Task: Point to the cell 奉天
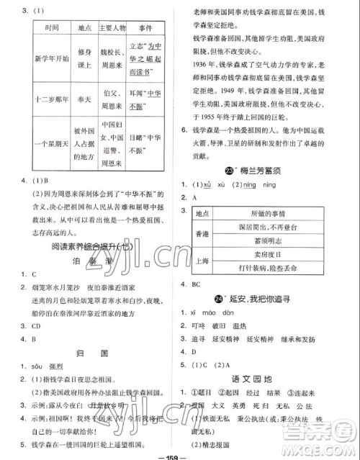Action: tap(81, 100)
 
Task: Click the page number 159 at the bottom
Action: tap(179, 454)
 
